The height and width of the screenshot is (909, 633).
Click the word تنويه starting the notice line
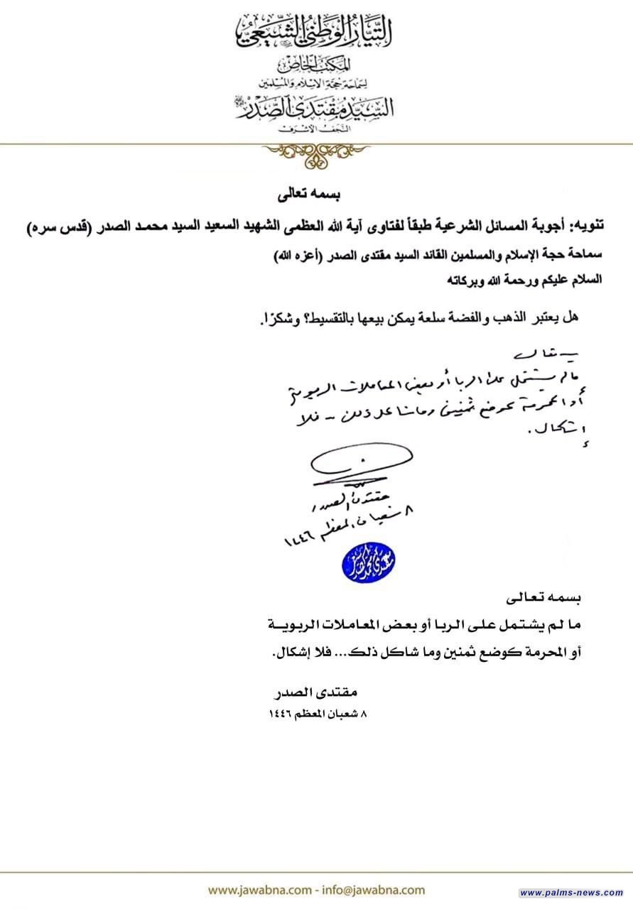pos(588,227)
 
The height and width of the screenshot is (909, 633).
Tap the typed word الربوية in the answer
pos(286,625)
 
